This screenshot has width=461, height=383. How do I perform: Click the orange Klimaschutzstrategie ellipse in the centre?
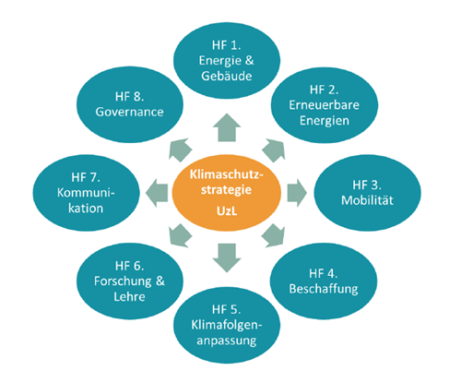point(227,193)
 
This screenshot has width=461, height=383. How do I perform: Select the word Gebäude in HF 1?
point(227,76)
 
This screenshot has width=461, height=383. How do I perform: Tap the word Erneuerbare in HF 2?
point(324,105)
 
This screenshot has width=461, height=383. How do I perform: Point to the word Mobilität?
point(367,200)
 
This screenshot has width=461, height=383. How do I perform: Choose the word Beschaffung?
point(324,289)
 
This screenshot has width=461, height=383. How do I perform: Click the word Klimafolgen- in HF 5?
point(227,325)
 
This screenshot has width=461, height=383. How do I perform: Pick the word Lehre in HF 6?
point(129,296)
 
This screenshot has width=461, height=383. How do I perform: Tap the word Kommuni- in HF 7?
point(86,193)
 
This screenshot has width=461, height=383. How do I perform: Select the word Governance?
point(129,112)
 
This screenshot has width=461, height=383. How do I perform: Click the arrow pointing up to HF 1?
point(227,127)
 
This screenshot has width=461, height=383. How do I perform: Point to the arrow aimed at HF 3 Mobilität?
point(297,193)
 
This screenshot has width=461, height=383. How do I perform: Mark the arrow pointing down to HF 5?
point(227,257)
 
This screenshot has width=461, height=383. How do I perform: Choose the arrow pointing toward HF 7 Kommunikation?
point(157,193)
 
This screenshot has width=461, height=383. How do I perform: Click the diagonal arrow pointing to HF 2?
point(274,150)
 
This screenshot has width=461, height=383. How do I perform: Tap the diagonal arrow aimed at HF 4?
point(274,235)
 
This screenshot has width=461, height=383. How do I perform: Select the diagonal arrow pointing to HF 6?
point(180,235)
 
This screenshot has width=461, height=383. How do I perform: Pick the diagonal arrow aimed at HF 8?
point(180,150)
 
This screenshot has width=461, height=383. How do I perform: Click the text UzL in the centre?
point(227,211)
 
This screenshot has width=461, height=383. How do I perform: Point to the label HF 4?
point(324,273)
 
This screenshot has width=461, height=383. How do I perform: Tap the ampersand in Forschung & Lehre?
point(160,281)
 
